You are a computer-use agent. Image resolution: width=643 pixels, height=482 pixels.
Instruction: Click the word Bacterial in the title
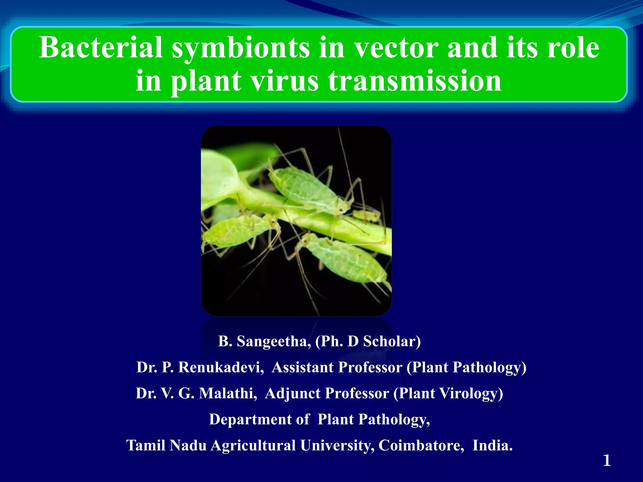pos(100,48)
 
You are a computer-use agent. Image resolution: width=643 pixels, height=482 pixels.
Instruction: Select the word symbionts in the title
pos(240,48)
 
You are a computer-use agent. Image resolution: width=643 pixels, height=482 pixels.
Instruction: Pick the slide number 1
pos(607,461)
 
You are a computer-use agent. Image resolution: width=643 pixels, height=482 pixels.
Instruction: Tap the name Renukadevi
pos(221,367)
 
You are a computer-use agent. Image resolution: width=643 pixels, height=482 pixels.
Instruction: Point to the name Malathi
pos(228,394)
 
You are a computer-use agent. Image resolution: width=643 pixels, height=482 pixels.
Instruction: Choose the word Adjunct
pos(292,394)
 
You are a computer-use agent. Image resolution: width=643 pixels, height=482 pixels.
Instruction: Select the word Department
pos(250,420)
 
